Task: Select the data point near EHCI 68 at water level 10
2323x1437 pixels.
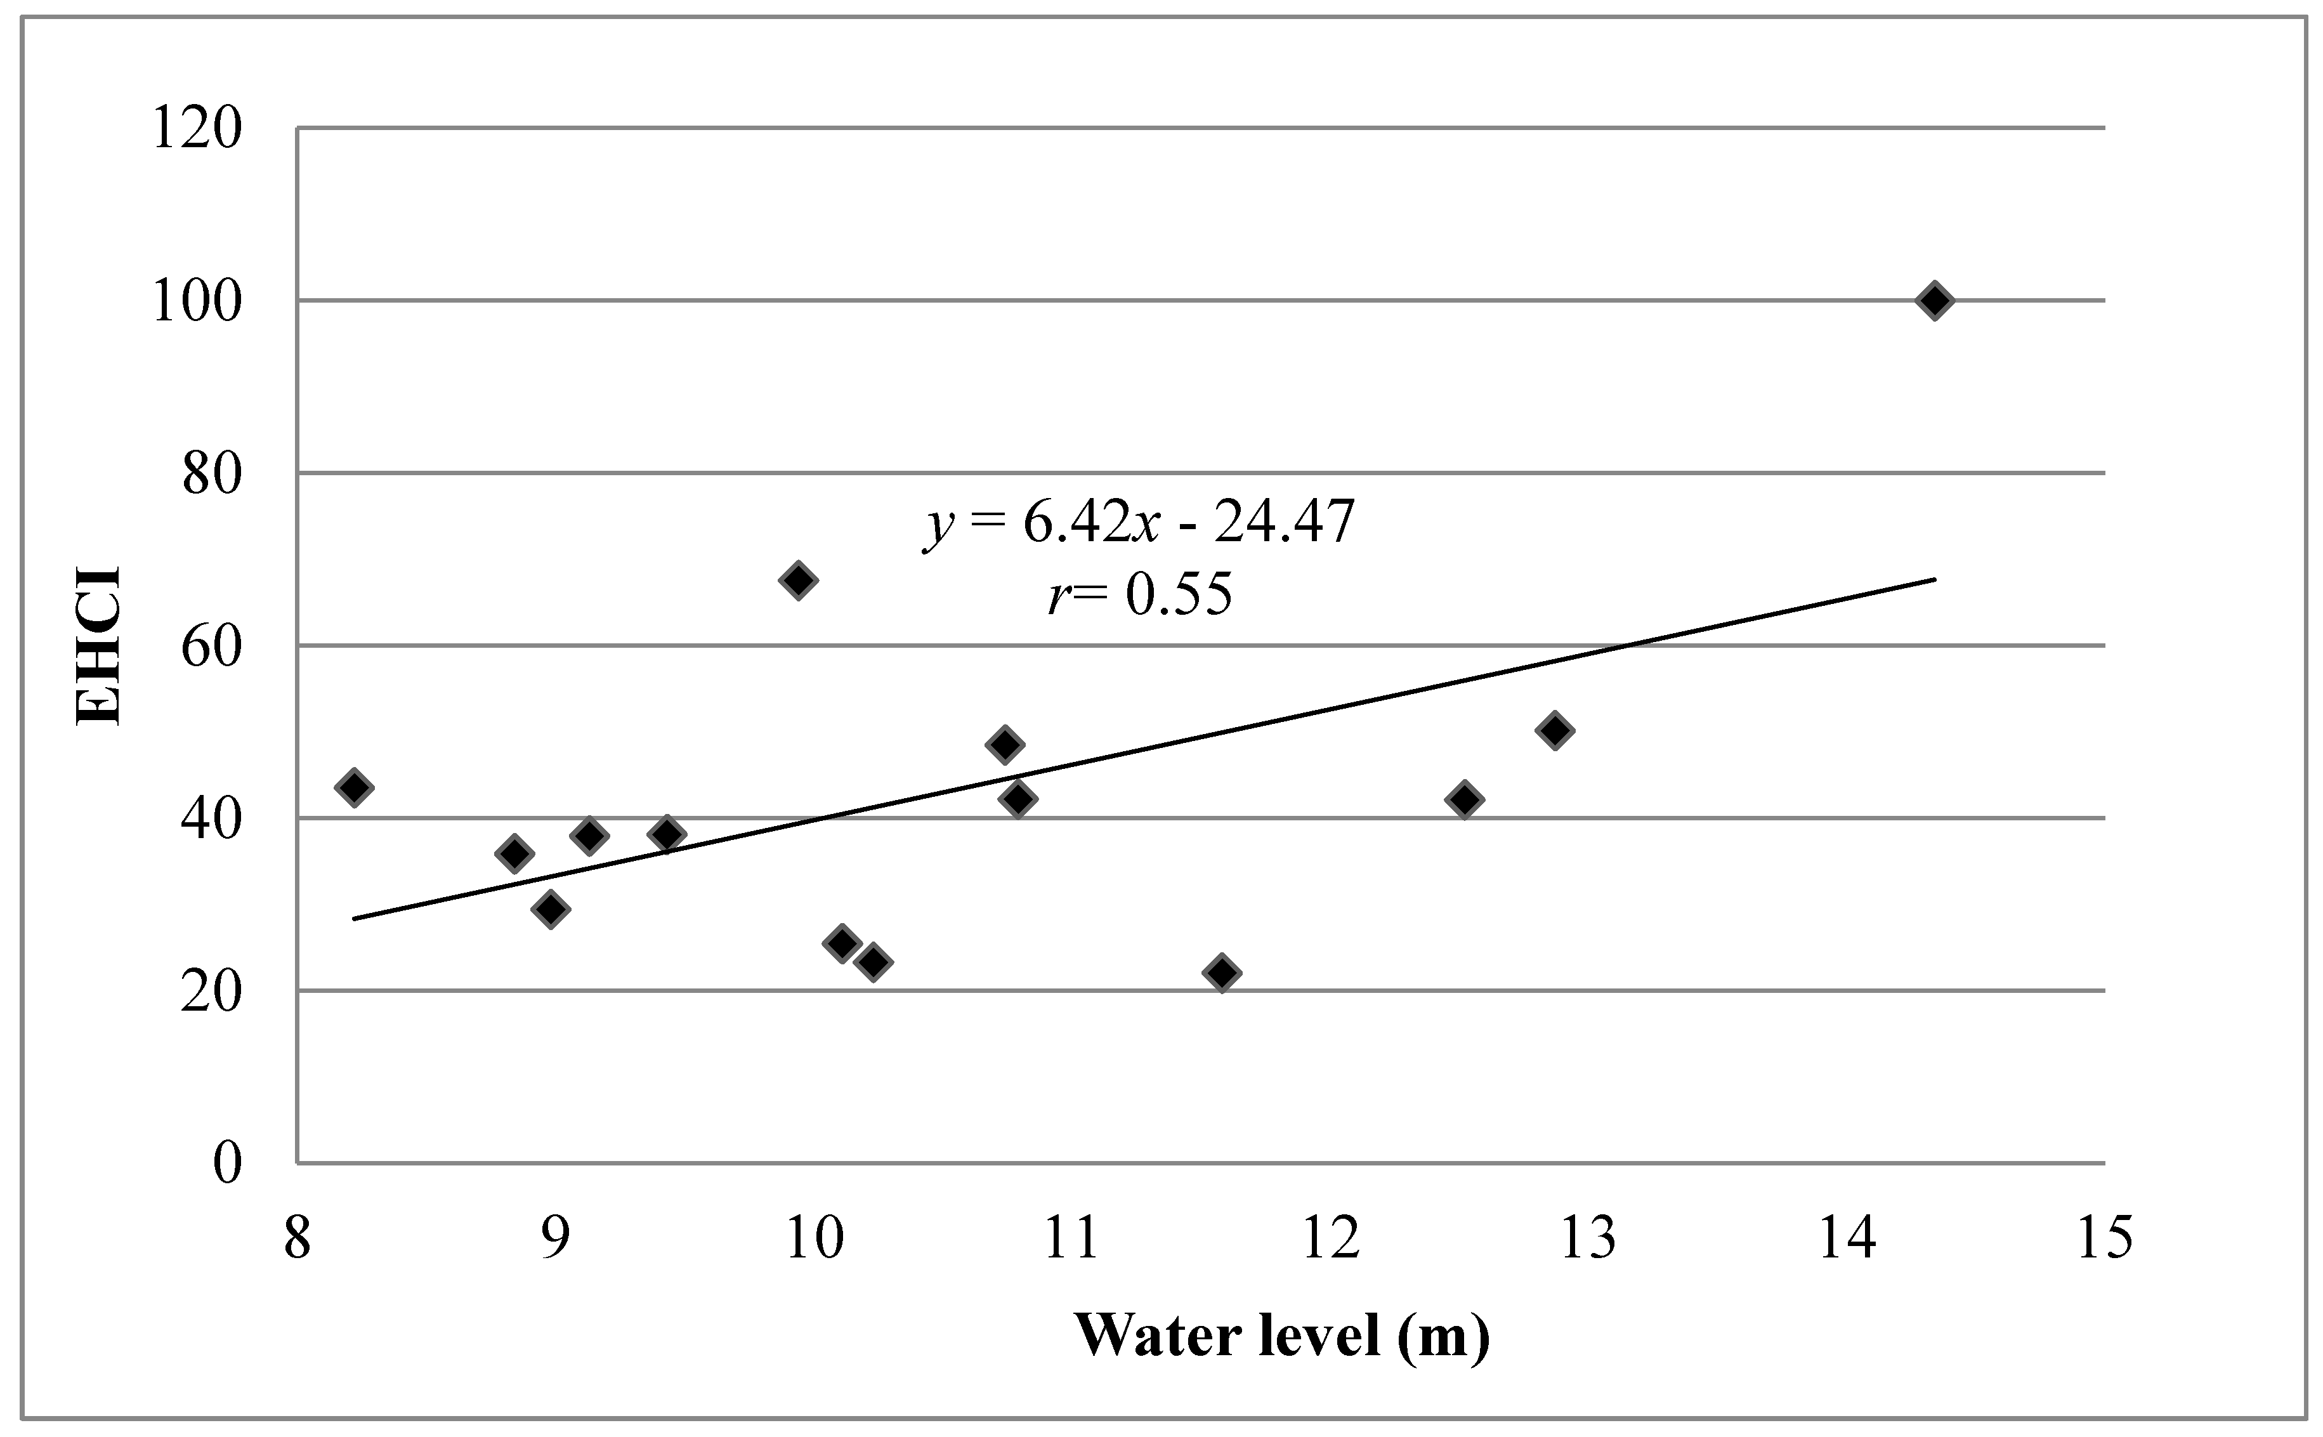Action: click(798, 580)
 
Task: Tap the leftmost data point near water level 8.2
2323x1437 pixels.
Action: click(355, 787)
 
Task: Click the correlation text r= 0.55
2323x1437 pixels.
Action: click(1139, 595)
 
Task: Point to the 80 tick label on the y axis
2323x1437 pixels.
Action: click(211, 473)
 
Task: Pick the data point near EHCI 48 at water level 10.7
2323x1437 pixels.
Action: click(1004, 744)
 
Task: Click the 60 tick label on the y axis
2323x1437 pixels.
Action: click(211, 646)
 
